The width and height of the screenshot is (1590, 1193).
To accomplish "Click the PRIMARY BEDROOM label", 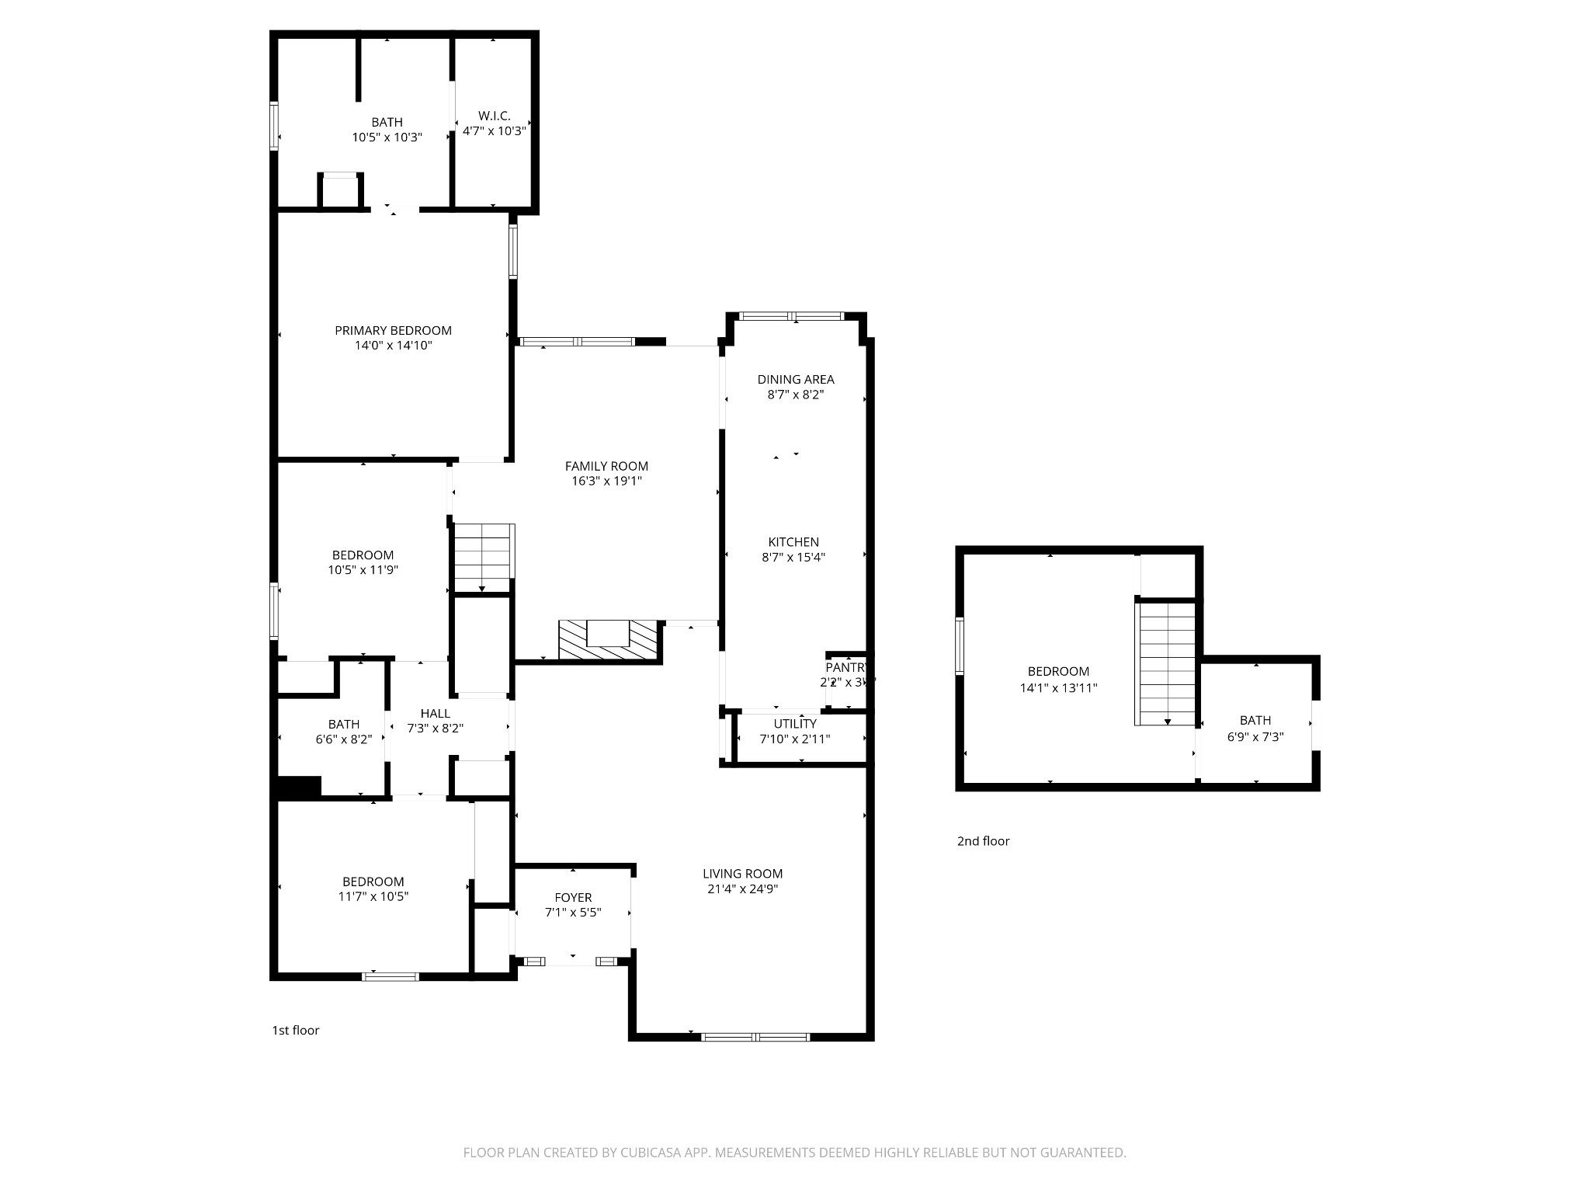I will pyautogui.click(x=393, y=331).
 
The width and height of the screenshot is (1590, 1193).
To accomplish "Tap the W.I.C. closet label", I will pyautogui.click(x=495, y=116).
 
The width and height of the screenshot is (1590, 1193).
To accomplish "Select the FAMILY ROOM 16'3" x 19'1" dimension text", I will pyautogui.click(x=606, y=482).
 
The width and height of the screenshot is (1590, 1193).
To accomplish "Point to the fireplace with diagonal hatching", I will pyautogui.click(x=609, y=641).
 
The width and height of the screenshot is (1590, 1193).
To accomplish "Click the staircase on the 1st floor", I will pyautogui.click(x=483, y=558).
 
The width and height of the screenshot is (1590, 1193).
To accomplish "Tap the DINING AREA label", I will pyautogui.click(x=796, y=380).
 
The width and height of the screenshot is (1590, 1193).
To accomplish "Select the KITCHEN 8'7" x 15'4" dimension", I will pyautogui.click(x=793, y=557).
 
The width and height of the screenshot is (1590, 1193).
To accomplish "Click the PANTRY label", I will pyautogui.click(x=846, y=667).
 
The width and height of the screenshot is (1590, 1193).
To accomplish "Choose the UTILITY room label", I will pyautogui.click(x=794, y=724).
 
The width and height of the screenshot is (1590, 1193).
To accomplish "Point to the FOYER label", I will pyautogui.click(x=573, y=898).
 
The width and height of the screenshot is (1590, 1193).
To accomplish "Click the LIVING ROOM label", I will pyautogui.click(x=742, y=874).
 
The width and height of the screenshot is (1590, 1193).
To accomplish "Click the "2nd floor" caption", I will pyautogui.click(x=983, y=841).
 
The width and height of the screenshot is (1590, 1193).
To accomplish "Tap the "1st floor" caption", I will pyautogui.click(x=295, y=1031).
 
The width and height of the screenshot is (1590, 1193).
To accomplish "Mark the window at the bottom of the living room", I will pyautogui.click(x=755, y=1037).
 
